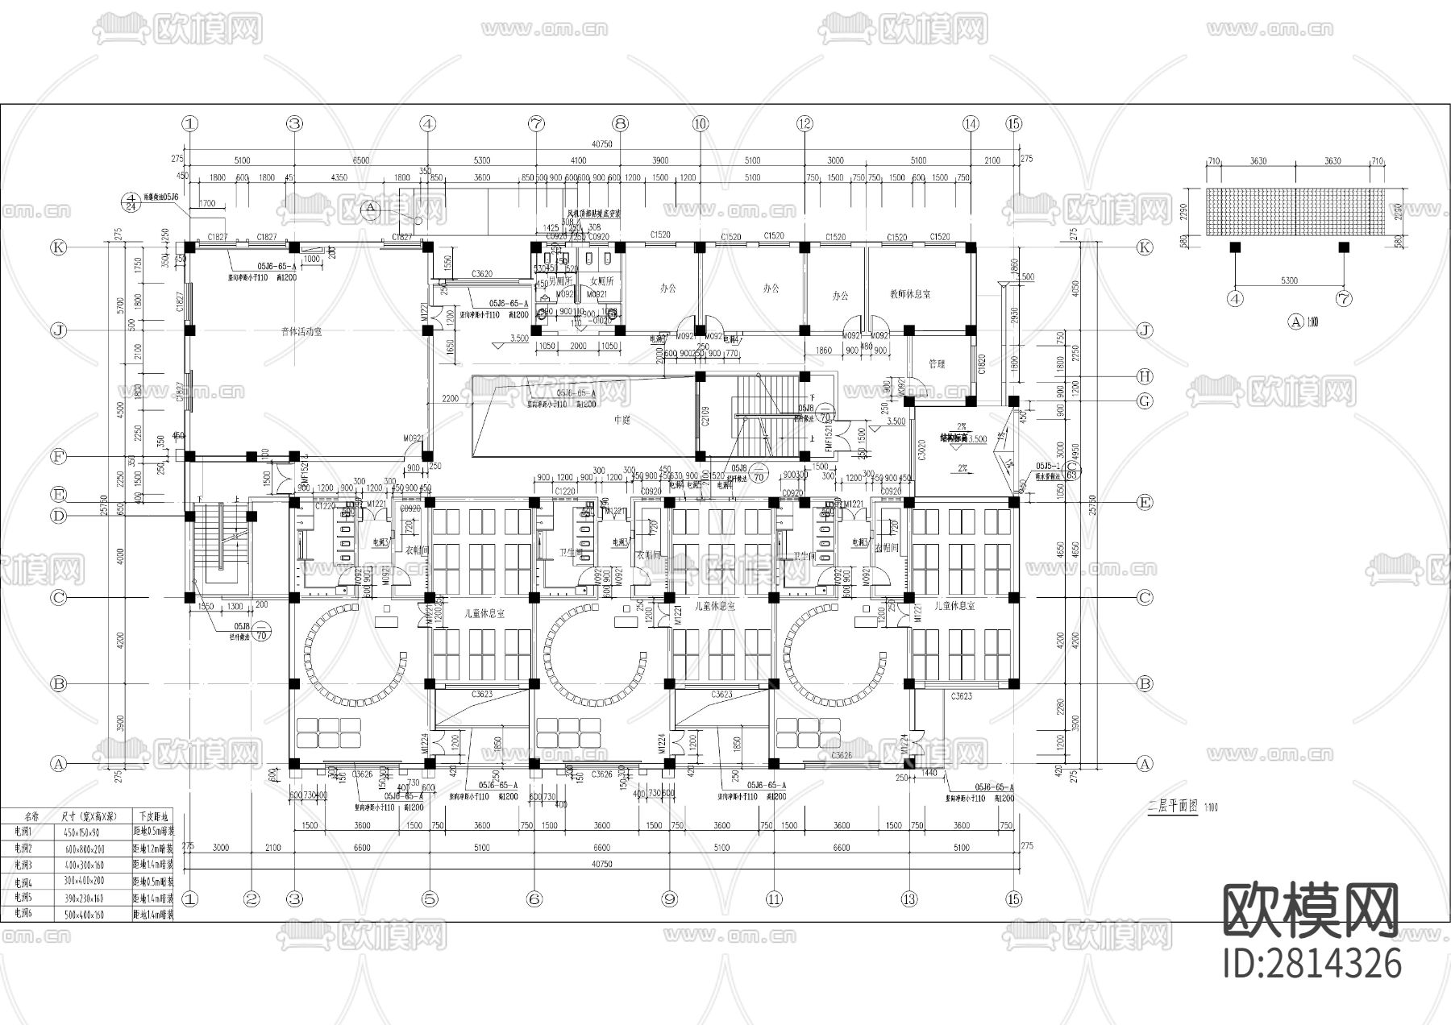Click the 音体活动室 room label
coord(301,331)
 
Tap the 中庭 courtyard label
coord(622,419)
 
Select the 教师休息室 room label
coord(909,295)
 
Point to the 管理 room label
coord(936,364)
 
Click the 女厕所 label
coord(602,281)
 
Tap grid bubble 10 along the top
coord(700,123)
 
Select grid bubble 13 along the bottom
coord(909,898)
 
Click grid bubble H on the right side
coord(1145,376)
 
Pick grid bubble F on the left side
coord(58,457)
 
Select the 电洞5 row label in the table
coord(24,897)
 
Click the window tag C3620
coord(481,274)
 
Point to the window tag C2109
coord(705,416)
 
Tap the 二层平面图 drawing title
coord(1171,807)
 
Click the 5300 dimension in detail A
coord(1288,280)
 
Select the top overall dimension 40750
coord(601,144)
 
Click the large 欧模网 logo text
coord(1311,911)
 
